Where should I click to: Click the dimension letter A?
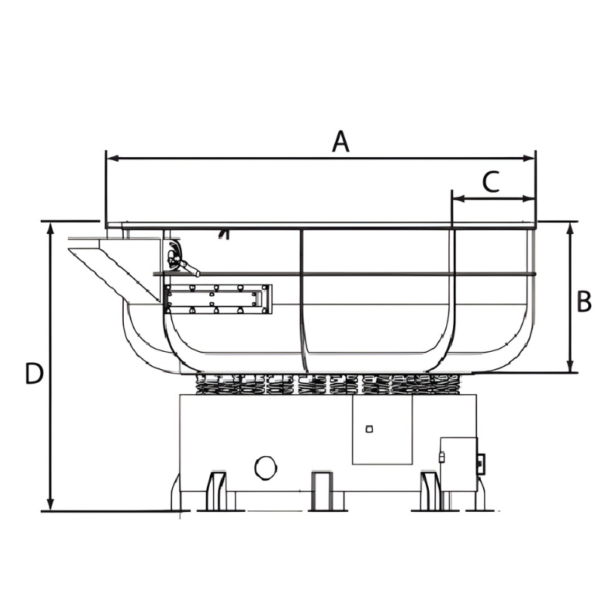341,141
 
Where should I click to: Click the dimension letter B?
584,301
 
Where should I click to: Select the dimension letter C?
492,182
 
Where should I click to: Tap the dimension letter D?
33,373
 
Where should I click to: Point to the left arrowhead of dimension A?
112,158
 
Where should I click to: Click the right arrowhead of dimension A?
529,158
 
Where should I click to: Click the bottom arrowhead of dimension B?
571,366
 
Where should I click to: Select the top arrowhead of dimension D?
50,229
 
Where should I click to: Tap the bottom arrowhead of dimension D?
50,504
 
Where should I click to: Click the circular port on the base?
266,468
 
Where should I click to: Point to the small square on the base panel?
369,429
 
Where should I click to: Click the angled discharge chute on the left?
115,270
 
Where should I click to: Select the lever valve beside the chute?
182,259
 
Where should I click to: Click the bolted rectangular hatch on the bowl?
217,299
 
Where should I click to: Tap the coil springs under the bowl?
328,384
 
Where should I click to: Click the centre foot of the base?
322,491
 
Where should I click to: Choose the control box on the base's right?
461,464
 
